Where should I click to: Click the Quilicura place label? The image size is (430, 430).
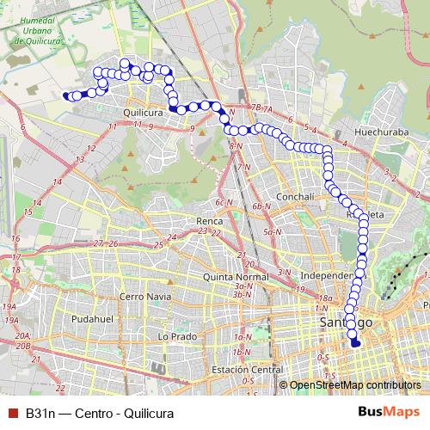click(x=144, y=112)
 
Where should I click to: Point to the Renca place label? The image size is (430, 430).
click(x=209, y=220)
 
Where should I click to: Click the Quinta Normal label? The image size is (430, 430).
click(x=236, y=277)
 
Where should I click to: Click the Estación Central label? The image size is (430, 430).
click(x=247, y=370)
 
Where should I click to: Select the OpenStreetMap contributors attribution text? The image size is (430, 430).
click(x=354, y=386)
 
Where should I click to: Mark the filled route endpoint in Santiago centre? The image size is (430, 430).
click(x=355, y=343)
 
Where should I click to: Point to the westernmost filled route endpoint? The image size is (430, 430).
click(x=67, y=96)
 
